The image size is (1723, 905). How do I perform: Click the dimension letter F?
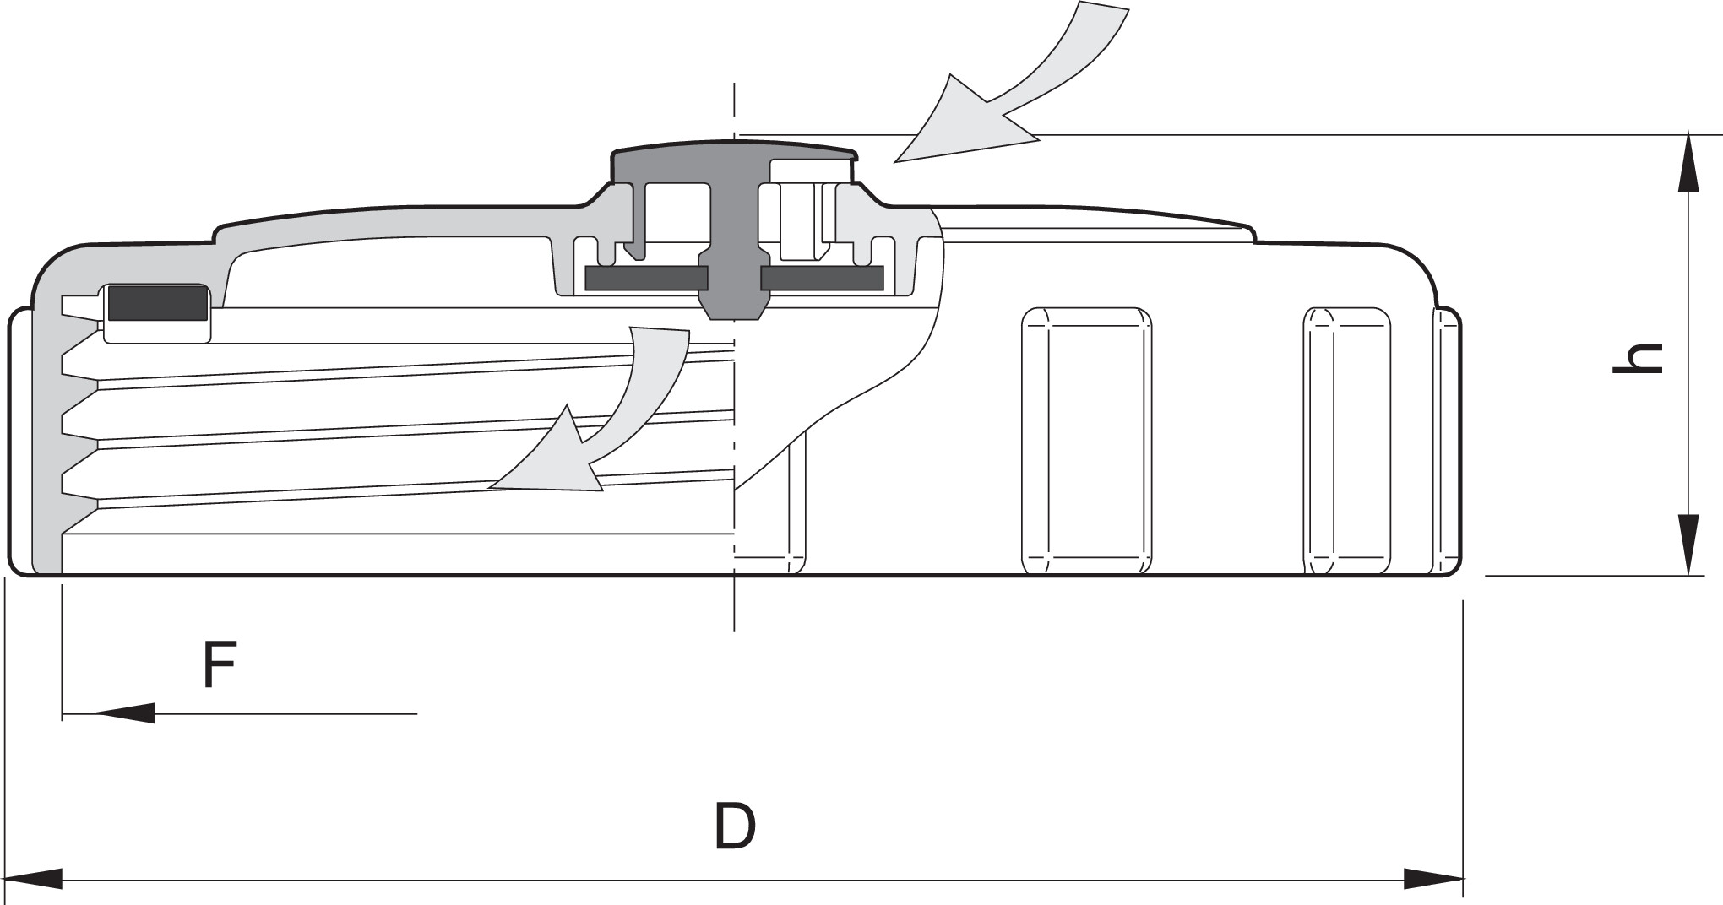[219, 664]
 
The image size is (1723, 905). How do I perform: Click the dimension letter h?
[1638, 358]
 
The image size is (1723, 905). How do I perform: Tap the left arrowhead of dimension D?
[34, 878]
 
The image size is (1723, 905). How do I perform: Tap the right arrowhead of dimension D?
[1433, 879]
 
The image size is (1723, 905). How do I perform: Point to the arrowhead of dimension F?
[123, 713]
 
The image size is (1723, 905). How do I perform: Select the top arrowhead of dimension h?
[1688, 162]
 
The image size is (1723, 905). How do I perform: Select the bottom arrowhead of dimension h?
[1688, 545]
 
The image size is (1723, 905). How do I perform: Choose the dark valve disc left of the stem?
[646, 278]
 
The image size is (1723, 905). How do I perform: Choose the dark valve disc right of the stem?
[823, 278]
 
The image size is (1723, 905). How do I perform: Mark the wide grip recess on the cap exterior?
[1087, 441]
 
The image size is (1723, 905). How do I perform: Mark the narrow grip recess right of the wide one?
[1347, 441]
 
